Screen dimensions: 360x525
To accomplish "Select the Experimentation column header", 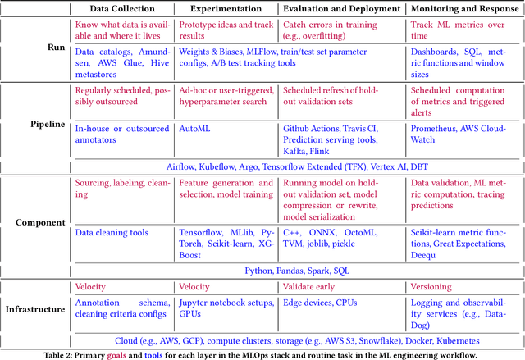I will point(226,10).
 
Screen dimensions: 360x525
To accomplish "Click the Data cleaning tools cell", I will point(111,232).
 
